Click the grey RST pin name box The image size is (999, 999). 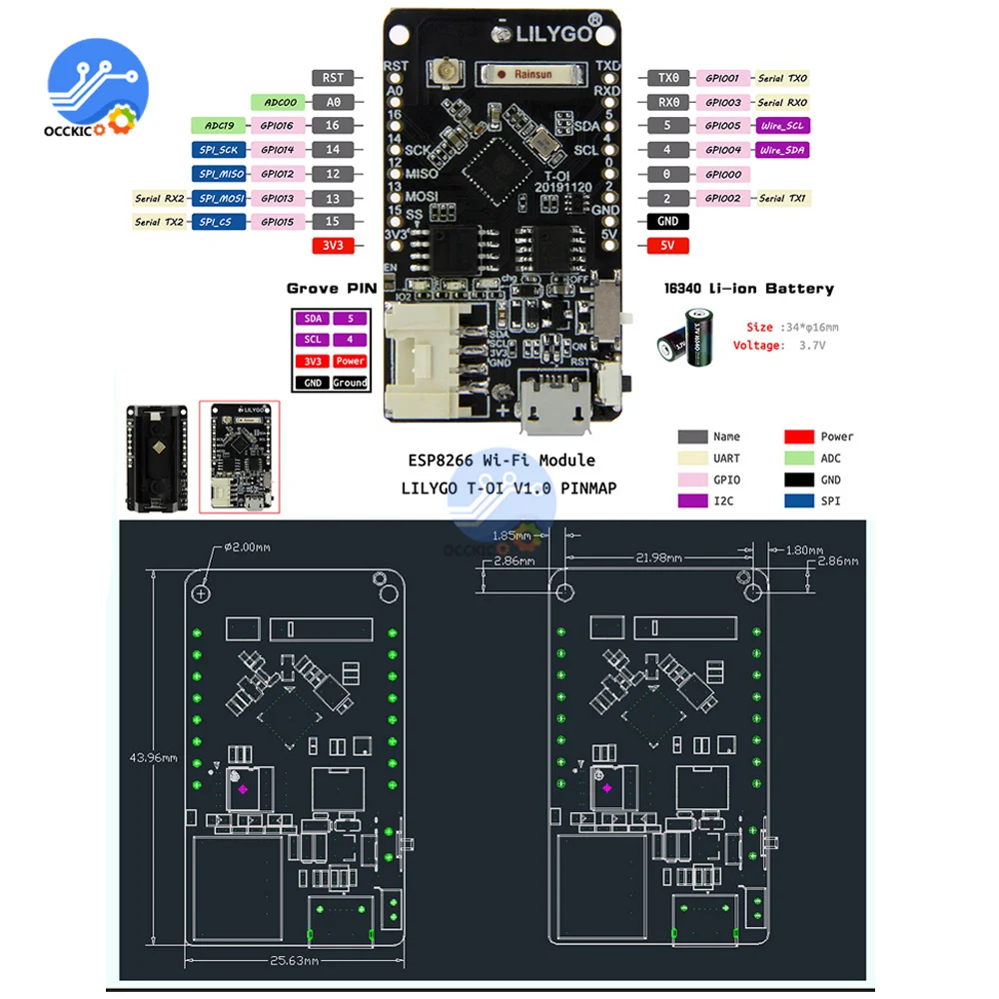[333, 77]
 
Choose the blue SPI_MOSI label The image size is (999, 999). [217, 198]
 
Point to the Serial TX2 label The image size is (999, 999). [160, 222]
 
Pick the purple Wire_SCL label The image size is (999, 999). [782, 126]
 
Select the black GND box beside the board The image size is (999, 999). [668, 222]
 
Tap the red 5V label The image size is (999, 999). [668, 246]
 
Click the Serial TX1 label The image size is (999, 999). [783, 198]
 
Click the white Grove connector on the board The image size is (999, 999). [431, 361]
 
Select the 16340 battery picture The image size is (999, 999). [688, 336]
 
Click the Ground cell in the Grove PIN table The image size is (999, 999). [350, 383]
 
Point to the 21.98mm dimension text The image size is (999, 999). [660, 556]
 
